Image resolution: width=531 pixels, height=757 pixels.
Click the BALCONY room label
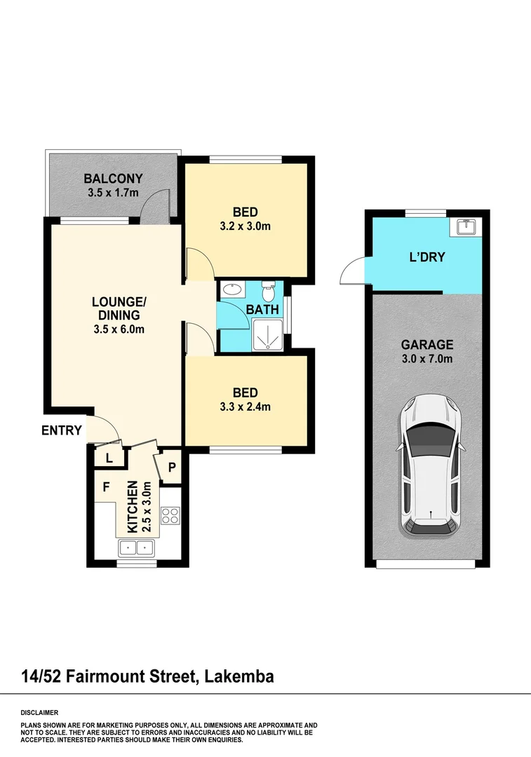pyautogui.click(x=113, y=178)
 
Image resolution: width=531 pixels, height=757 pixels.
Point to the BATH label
pyautogui.click(x=262, y=309)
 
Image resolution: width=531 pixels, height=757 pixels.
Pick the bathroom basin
pyautogui.click(x=231, y=288)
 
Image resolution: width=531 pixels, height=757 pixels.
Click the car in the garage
pyautogui.click(x=430, y=466)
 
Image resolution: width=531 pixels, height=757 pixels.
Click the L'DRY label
pyautogui.click(x=427, y=257)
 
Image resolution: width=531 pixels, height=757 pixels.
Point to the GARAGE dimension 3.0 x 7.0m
pyautogui.click(x=427, y=359)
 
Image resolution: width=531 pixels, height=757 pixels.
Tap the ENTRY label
pyautogui.click(x=62, y=430)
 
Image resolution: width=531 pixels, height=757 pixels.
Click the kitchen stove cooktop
pyautogui.click(x=170, y=516)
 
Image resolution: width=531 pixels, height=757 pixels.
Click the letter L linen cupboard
pyautogui.click(x=109, y=458)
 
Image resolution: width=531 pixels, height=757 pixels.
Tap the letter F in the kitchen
pyautogui.click(x=107, y=486)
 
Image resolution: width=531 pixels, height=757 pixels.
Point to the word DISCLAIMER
pyautogui.click(x=40, y=711)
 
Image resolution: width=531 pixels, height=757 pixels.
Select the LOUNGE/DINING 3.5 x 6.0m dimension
pyautogui.click(x=119, y=328)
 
